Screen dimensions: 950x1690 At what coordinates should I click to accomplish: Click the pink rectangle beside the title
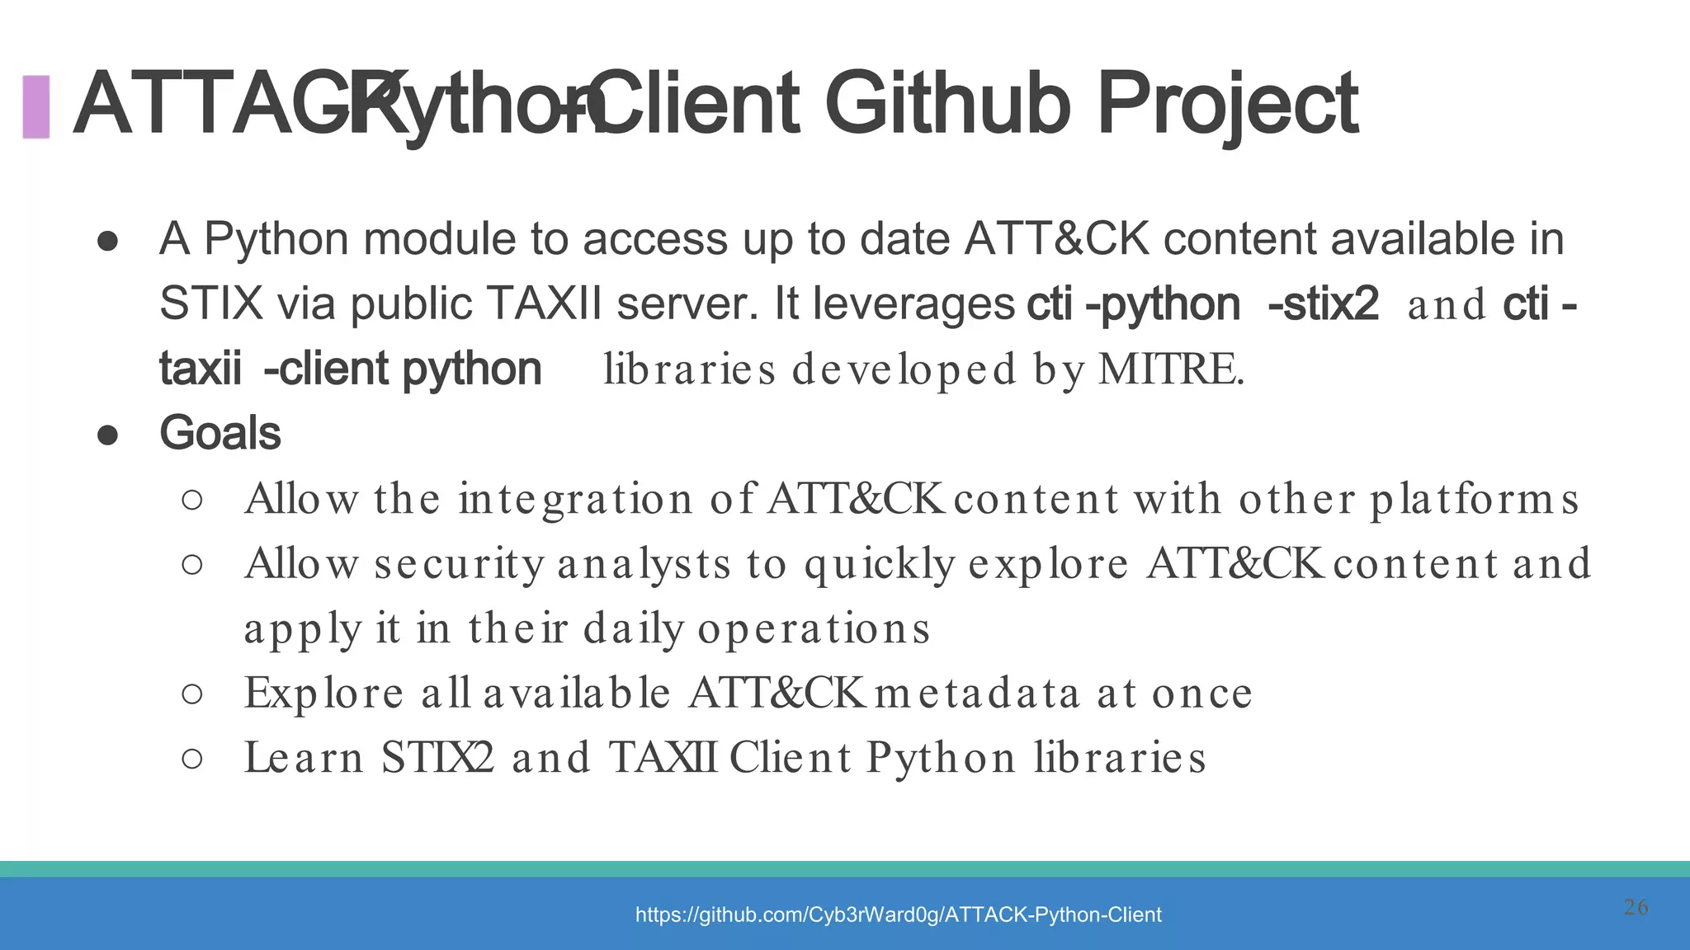[35, 106]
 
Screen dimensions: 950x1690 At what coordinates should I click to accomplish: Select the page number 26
[1636, 907]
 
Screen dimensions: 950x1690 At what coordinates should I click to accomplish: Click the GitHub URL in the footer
[898, 915]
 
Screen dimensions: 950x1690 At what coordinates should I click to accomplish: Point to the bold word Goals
[220, 433]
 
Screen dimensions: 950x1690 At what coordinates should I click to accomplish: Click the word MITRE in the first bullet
[1170, 369]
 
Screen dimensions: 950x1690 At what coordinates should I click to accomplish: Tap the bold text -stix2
[1323, 304]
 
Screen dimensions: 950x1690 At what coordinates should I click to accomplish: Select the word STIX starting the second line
[210, 303]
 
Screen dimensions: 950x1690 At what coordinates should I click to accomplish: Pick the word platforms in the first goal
[1474, 500]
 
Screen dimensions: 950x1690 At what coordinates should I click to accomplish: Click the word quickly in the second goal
[879, 565]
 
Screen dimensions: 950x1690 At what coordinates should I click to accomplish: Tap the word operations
[814, 629]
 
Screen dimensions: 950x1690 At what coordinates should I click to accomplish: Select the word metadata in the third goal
[977, 693]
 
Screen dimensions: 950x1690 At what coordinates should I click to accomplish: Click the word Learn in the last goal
[304, 758]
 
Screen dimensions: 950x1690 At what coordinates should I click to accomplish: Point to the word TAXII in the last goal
[662, 758]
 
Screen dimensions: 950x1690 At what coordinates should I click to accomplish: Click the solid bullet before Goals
[107, 435]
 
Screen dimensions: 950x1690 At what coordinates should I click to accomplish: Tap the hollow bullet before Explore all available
[191, 694]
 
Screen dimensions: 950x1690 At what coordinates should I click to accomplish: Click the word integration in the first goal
[575, 500]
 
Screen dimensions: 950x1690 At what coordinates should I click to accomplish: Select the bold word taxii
[201, 369]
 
